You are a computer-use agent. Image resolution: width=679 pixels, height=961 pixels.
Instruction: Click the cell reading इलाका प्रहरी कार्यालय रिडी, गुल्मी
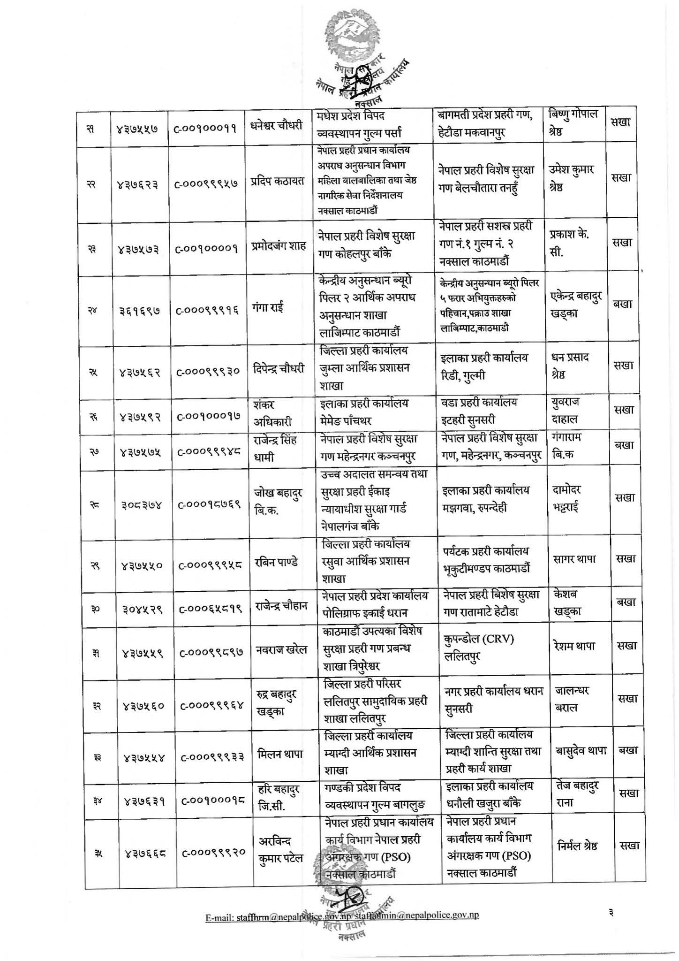tap(484, 366)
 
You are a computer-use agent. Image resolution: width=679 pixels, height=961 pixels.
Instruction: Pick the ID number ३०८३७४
tap(140, 505)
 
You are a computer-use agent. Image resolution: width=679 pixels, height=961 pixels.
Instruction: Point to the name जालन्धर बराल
tap(572, 699)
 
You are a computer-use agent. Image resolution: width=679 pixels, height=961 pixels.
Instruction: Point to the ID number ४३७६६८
tap(139, 854)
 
